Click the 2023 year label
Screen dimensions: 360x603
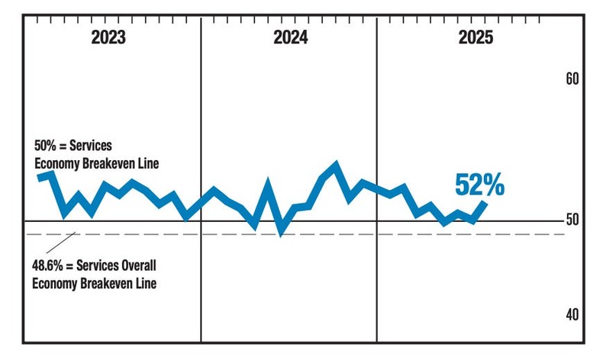(108, 39)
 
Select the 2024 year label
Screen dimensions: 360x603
(291, 39)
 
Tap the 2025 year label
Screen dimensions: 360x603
(476, 39)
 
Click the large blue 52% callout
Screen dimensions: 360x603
(479, 184)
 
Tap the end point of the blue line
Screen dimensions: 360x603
(485, 202)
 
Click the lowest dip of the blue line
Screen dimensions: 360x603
(281, 230)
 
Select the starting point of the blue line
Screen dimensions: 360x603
(39, 177)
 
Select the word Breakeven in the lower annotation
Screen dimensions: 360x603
(102, 284)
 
